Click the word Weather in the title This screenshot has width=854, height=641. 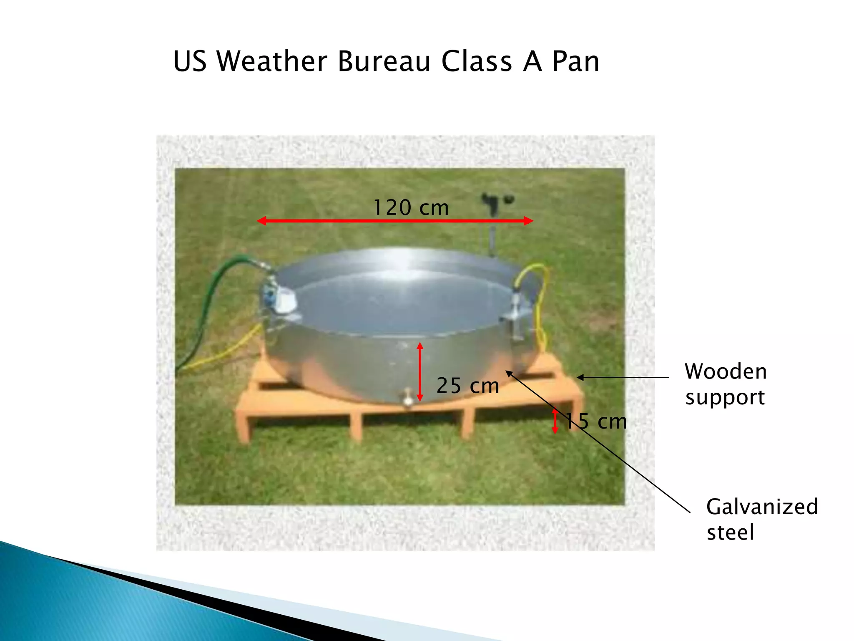pyautogui.click(x=272, y=62)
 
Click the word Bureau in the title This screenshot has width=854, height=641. pyautogui.click(x=384, y=62)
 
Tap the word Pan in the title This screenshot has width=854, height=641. pyautogui.click(x=575, y=62)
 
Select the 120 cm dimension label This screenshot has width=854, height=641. pyautogui.click(x=411, y=208)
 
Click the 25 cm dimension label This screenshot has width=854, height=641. pyautogui.click(x=467, y=386)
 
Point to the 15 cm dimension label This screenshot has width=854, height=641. pyautogui.click(x=596, y=421)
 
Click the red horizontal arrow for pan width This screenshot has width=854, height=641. pyautogui.click(x=334, y=221)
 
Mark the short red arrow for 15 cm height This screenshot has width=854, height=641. pyautogui.click(x=555, y=421)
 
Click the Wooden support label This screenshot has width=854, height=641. pyautogui.click(x=726, y=384)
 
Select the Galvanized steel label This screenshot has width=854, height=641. pyautogui.click(x=761, y=519)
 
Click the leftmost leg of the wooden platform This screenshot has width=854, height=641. pyautogui.click(x=244, y=426)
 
